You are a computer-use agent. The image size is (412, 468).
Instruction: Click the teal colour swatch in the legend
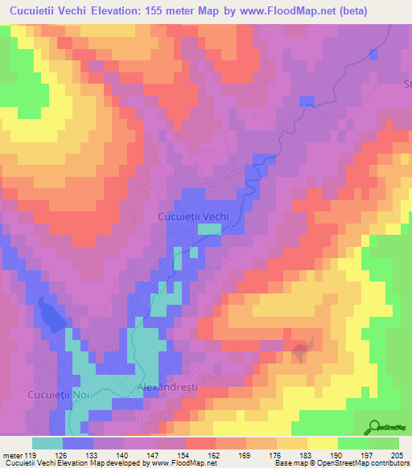click(47, 443)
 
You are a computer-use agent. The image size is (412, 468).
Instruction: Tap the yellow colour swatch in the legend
click(322, 443)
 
